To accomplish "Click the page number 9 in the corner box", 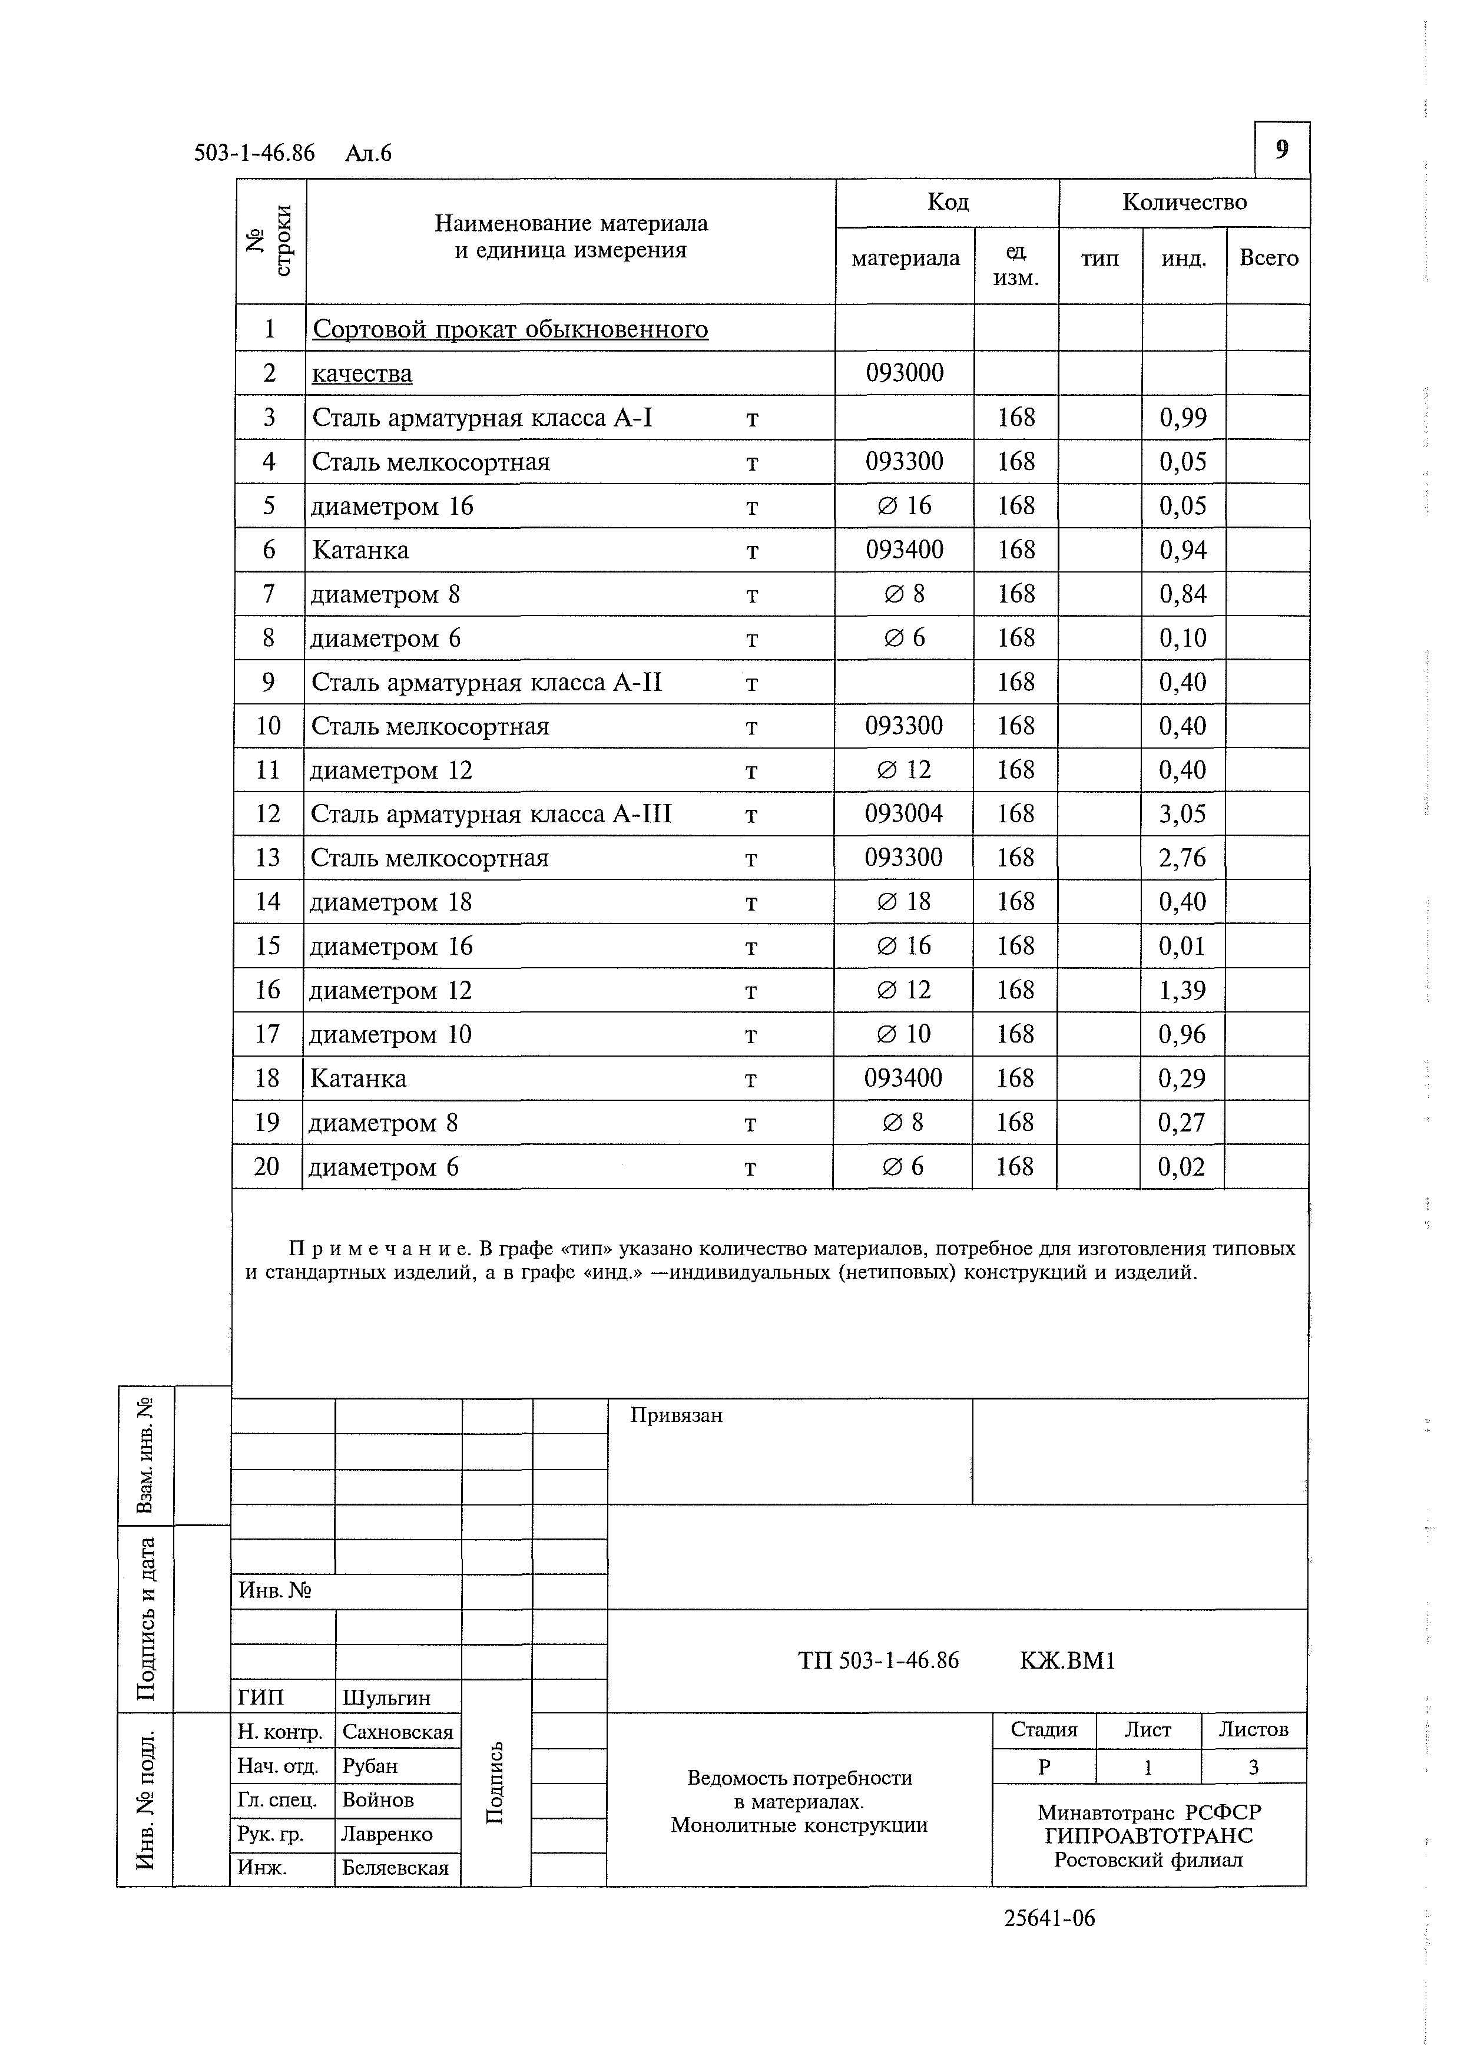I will point(1281,150).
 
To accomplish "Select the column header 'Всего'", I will point(1268,259).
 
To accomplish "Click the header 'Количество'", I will point(1184,202).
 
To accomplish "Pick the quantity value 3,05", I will point(1182,814).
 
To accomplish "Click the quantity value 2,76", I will point(1182,858).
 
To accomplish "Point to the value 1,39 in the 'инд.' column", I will point(1182,991).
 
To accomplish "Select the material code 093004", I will point(903,814).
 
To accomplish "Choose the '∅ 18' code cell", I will point(903,902).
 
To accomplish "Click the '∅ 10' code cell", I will point(903,1034).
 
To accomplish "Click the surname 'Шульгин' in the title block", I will point(386,1698).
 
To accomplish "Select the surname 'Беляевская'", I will point(395,1868).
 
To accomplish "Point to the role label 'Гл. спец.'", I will point(277,1800).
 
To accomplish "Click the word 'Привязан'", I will point(675,1415).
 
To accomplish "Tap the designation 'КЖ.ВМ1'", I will point(1067,1660).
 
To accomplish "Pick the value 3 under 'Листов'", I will point(1253,1768).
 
